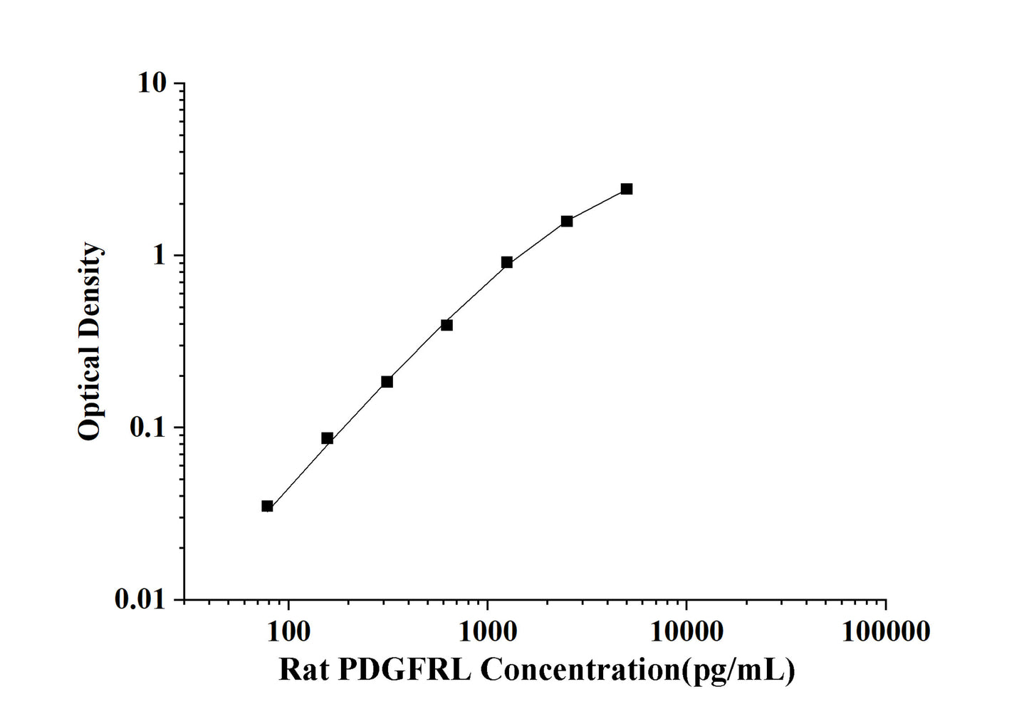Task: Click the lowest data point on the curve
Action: click(x=267, y=506)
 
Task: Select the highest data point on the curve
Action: click(x=626, y=189)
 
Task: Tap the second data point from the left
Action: click(x=327, y=438)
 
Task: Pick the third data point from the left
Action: click(x=387, y=382)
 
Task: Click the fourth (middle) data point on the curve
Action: click(x=446, y=325)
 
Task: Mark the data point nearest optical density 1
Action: click(x=506, y=262)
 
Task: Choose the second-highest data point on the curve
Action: click(x=566, y=221)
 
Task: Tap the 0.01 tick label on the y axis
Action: click(x=140, y=600)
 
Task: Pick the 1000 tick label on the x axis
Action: click(x=487, y=631)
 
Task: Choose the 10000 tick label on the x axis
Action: click(x=686, y=631)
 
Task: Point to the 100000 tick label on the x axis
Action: click(x=885, y=631)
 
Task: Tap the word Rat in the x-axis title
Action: click(x=303, y=670)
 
